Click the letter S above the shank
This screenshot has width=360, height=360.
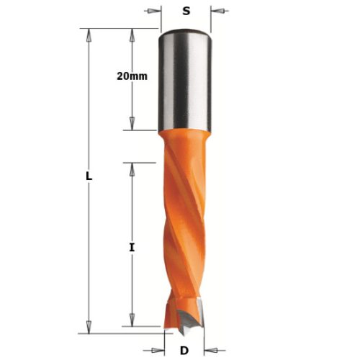point(186,12)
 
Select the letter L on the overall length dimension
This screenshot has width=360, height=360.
point(88,176)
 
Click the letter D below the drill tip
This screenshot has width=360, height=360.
point(184,351)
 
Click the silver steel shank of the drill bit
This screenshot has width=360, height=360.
point(184,79)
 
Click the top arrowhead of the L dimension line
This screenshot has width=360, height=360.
point(90,33)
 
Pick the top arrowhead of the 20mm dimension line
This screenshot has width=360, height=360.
point(132,33)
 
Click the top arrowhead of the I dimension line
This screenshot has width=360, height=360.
point(132,166)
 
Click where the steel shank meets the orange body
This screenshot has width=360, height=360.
point(184,131)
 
